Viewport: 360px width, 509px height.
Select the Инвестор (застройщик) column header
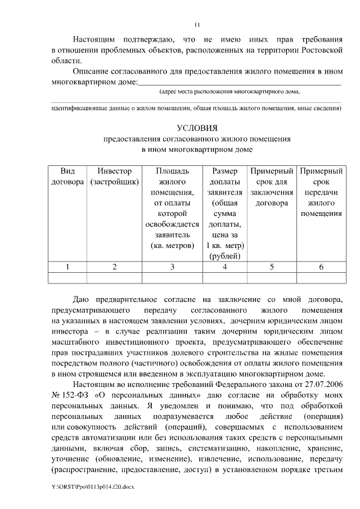click(x=114, y=176)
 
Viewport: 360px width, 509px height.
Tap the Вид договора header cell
click(x=67, y=176)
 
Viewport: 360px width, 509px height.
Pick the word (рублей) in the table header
click(x=224, y=256)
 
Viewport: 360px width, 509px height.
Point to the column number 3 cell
click(x=172, y=267)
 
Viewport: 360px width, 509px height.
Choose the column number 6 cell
click(x=321, y=267)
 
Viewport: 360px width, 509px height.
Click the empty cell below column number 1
click(x=67, y=277)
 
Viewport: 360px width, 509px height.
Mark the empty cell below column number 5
click(x=272, y=277)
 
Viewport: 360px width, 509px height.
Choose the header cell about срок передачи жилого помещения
click(x=321, y=192)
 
